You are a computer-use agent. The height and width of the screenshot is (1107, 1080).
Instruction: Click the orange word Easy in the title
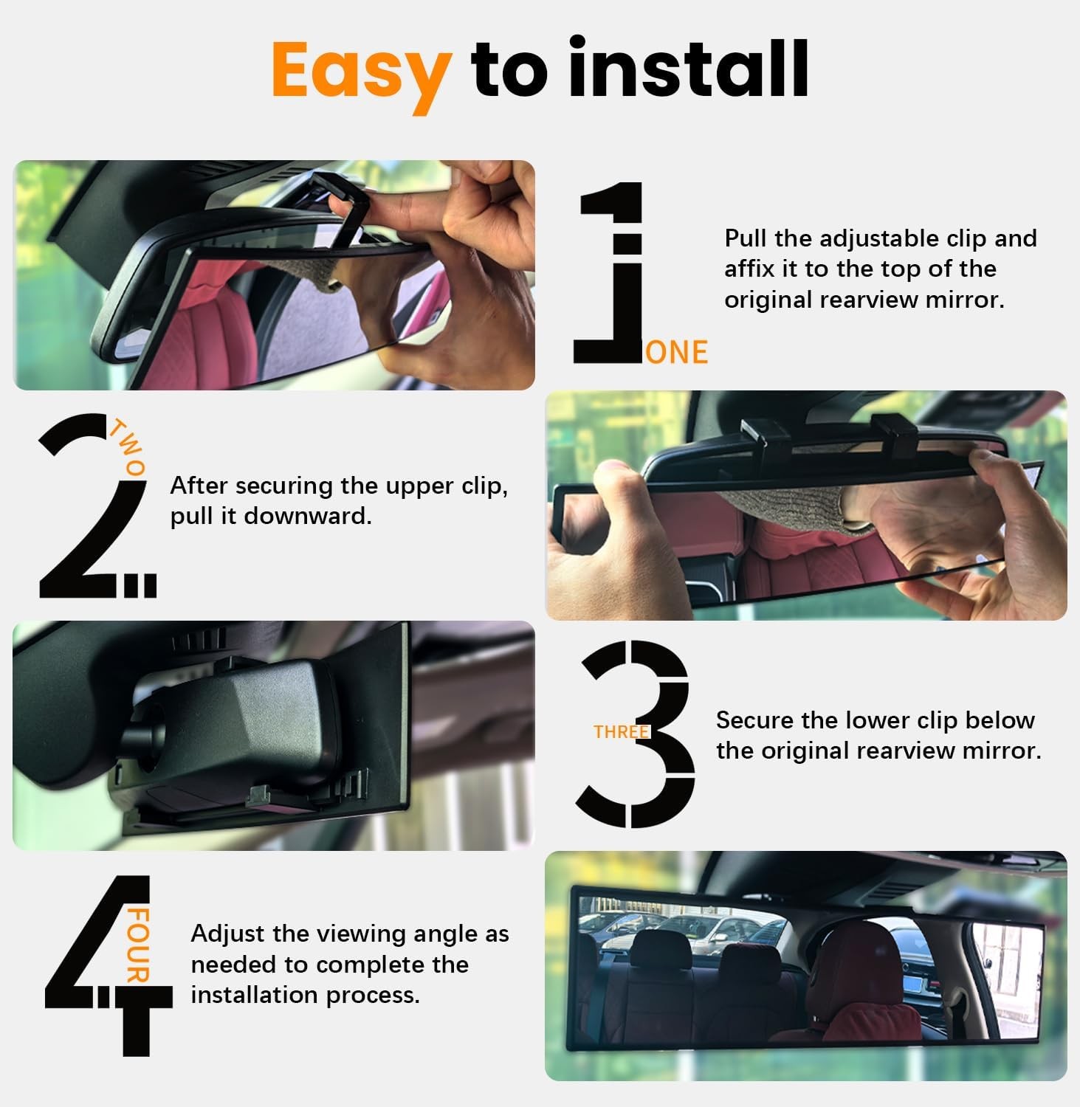(361, 71)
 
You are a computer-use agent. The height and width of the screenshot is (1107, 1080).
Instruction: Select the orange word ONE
(676, 353)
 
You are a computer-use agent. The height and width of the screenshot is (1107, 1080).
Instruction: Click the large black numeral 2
(89, 509)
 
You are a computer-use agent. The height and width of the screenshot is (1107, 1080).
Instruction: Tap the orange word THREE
(621, 732)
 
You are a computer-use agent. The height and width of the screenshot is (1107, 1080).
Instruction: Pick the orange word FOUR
(138, 945)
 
